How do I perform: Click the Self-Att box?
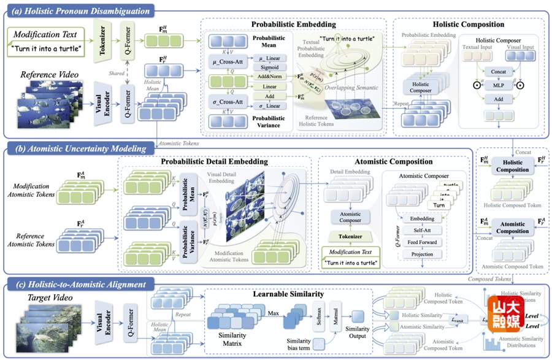coord(423,230)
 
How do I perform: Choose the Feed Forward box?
coord(423,242)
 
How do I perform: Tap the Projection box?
coord(423,254)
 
